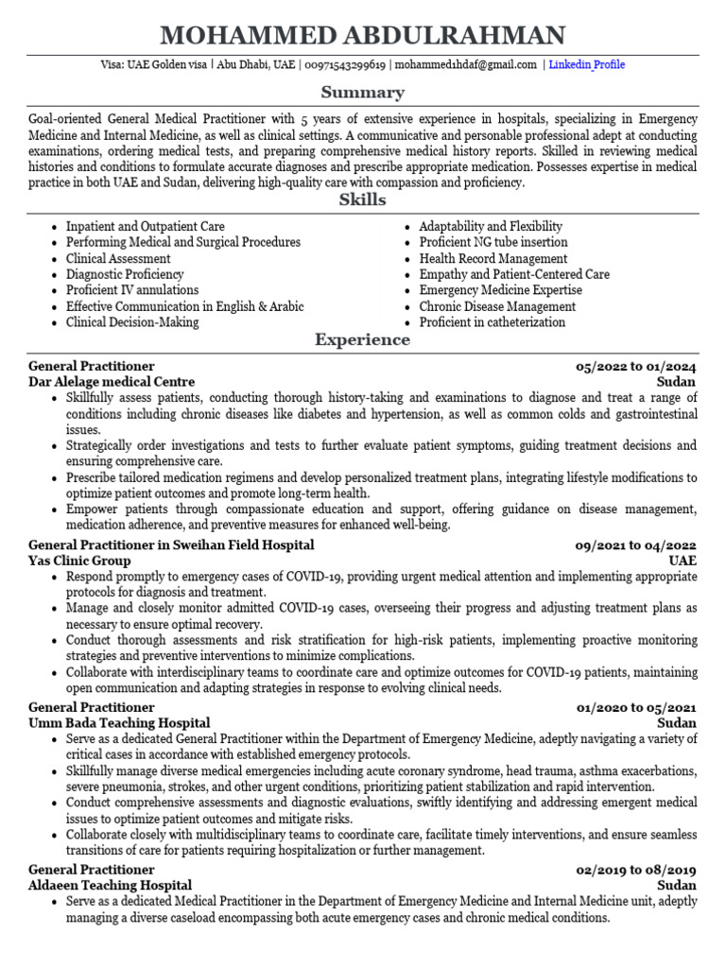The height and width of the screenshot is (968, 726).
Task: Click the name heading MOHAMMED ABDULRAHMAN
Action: tap(363, 36)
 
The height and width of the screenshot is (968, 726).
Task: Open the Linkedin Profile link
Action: tap(586, 65)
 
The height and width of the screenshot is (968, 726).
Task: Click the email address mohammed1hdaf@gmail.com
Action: tap(466, 65)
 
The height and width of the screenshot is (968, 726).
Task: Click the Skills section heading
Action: tap(363, 200)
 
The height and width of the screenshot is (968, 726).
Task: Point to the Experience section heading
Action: tap(363, 340)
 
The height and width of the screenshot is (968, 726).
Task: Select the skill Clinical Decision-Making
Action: tap(131, 322)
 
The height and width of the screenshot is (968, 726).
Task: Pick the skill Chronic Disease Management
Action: tap(497, 306)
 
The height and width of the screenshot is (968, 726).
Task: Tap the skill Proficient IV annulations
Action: tap(131, 290)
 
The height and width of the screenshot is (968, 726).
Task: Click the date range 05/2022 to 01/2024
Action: tap(636, 366)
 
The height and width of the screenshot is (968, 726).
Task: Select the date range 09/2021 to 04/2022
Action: tap(636, 545)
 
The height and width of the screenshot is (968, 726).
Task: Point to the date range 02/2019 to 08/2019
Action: tap(636, 870)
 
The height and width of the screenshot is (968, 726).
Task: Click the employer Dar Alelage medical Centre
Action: tap(112, 382)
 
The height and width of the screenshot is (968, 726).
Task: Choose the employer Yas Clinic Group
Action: tap(79, 561)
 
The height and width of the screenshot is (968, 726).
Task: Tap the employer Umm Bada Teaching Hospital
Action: tap(119, 723)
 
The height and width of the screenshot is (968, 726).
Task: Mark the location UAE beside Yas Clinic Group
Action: tap(683, 561)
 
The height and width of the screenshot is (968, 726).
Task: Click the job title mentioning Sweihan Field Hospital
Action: tap(171, 545)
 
